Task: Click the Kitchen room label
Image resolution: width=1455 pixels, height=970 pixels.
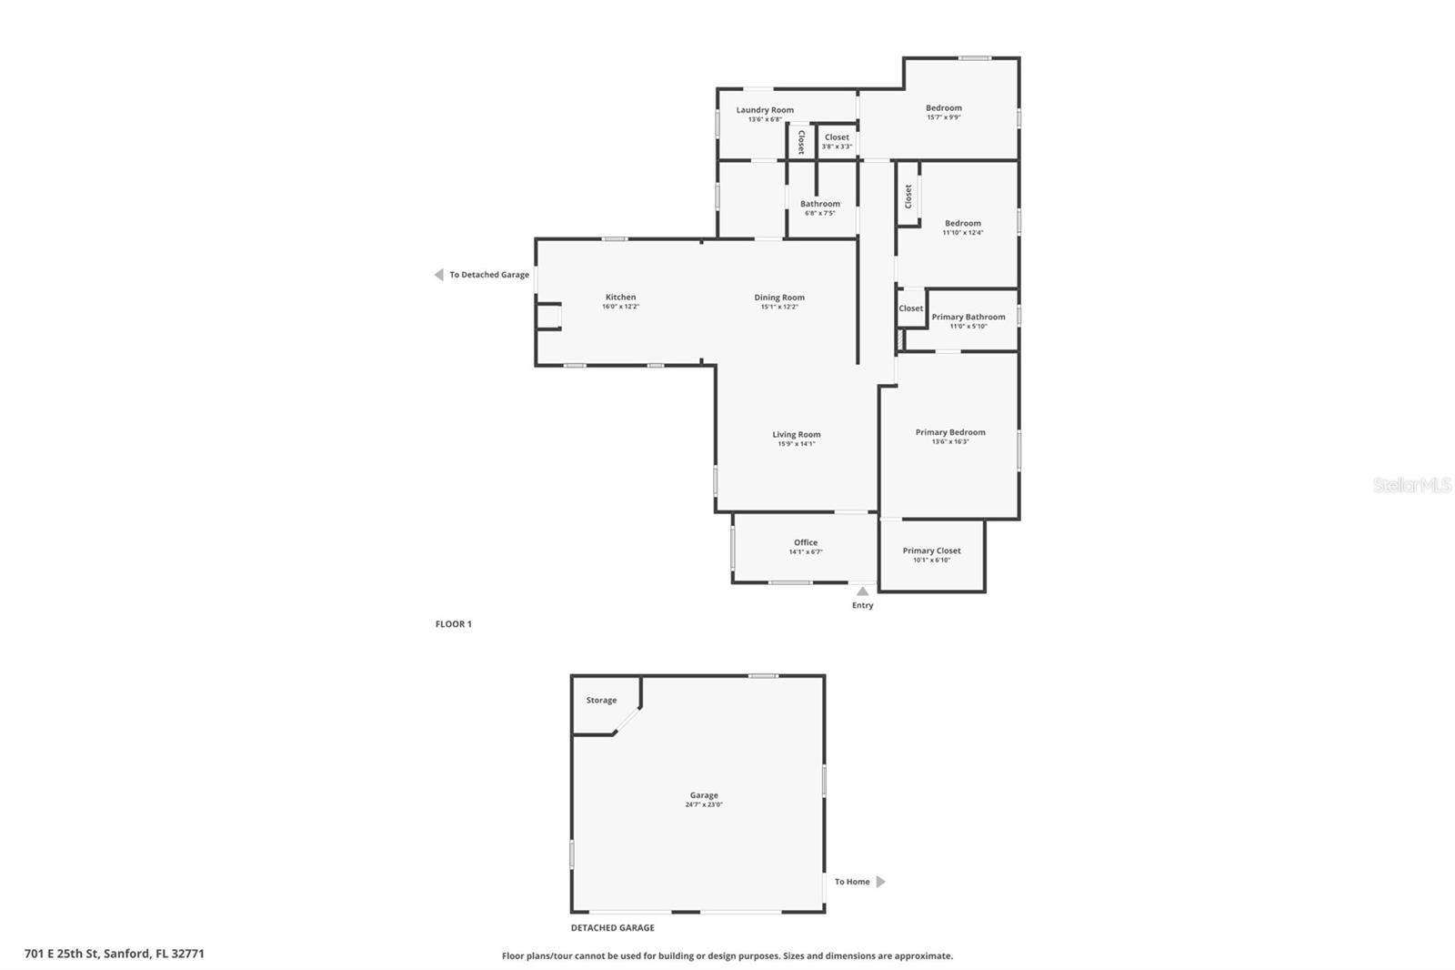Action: click(620, 298)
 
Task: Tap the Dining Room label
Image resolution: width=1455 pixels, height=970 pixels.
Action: click(779, 298)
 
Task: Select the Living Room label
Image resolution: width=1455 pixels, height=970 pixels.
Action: click(797, 435)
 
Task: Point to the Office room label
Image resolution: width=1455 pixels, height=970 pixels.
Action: click(806, 542)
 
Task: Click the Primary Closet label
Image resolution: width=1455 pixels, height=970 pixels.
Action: click(931, 551)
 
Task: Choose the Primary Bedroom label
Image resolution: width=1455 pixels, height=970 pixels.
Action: click(950, 432)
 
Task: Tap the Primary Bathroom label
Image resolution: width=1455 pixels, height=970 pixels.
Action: click(968, 317)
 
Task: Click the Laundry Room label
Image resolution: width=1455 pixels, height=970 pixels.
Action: click(765, 110)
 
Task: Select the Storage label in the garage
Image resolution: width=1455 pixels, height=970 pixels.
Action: click(601, 700)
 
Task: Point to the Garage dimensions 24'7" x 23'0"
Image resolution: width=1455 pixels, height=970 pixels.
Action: click(704, 805)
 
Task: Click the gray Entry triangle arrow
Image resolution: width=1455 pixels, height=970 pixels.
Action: click(862, 591)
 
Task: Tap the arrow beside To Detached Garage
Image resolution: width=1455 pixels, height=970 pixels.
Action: click(438, 275)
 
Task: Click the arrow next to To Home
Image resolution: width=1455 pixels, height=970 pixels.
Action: click(880, 882)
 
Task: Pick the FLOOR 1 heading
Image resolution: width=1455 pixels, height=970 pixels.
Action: click(454, 624)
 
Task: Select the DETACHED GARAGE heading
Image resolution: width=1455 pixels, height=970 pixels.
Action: click(612, 928)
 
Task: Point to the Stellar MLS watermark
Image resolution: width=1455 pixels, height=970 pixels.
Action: click(1411, 486)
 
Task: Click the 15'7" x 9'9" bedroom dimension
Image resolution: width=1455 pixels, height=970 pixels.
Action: click(944, 117)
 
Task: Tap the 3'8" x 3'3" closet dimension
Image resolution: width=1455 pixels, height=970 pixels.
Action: click(837, 147)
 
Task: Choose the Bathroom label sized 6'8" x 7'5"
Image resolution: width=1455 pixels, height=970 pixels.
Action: click(820, 204)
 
